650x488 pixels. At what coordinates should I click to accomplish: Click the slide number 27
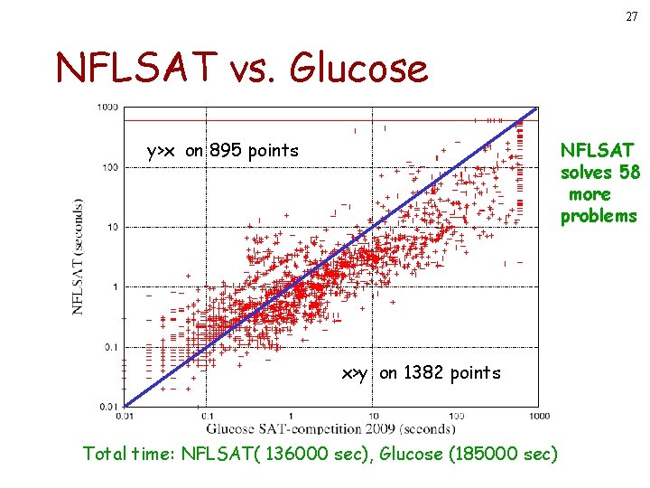pyautogui.click(x=631, y=17)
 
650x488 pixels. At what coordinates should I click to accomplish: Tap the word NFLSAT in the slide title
pyautogui.click(x=135, y=66)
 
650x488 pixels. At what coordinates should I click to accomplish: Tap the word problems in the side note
pyautogui.click(x=599, y=216)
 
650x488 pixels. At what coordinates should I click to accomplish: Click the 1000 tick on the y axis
pyautogui.click(x=107, y=108)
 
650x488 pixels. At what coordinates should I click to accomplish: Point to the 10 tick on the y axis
pyautogui.click(x=112, y=227)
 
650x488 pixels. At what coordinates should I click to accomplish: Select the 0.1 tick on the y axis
pyautogui.click(x=110, y=346)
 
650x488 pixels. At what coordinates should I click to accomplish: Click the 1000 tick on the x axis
pyautogui.click(x=539, y=416)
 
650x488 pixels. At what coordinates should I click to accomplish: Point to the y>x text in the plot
pyautogui.click(x=163, y=150)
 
